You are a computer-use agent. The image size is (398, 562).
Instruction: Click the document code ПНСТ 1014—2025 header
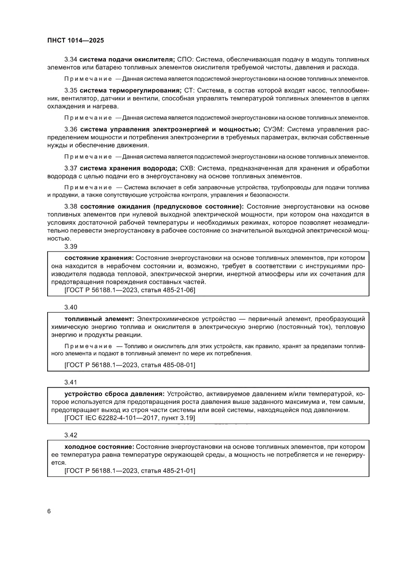(76, 41)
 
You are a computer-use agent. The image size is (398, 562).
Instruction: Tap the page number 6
(49, 511)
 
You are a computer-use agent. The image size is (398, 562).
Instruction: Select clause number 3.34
(70, 59)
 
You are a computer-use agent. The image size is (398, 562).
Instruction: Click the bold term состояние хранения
(99, 257)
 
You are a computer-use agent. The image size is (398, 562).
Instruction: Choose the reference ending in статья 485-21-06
(129, 290)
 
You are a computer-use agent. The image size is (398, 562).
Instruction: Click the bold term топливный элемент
(99, 319)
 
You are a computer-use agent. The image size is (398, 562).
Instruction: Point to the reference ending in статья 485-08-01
(129, 365)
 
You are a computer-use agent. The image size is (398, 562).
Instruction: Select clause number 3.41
(70, 383)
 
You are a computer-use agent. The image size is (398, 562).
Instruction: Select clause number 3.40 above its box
(70, 307)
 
